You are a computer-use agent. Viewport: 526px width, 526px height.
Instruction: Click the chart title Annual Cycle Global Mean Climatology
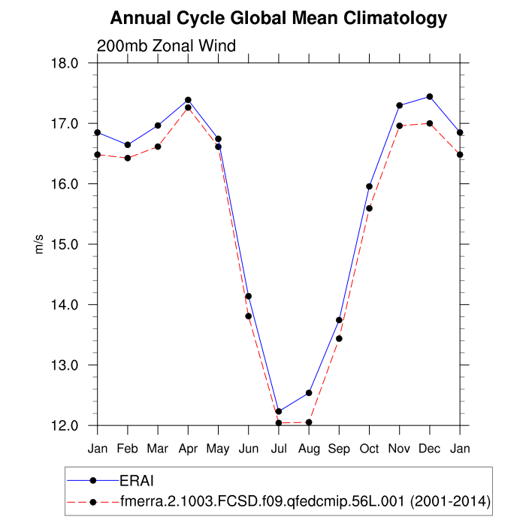278,18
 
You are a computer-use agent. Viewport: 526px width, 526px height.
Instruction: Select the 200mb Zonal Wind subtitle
167,46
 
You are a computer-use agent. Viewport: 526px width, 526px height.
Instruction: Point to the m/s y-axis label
40,244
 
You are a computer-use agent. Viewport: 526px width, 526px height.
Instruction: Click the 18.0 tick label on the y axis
65,63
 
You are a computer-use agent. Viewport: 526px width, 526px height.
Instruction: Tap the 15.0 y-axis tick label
65,244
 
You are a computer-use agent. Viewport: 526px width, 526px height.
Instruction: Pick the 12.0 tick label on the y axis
65,425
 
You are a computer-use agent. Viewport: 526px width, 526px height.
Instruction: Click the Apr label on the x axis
188,449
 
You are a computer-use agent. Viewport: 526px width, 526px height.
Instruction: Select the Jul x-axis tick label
278,449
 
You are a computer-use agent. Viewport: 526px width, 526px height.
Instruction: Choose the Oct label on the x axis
369,449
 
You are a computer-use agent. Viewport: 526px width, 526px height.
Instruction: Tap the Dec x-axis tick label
430,449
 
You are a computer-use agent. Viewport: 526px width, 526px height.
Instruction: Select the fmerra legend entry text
305,500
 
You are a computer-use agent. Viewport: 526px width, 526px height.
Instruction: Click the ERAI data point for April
188,100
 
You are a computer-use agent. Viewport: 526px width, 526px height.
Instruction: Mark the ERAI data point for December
430,97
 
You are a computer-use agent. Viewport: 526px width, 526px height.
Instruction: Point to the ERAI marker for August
309,393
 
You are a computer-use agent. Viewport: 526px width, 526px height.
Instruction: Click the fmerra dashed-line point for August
309,422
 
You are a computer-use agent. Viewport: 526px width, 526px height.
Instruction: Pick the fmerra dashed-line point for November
399,126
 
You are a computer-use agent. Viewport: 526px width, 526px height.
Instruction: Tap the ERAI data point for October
369,186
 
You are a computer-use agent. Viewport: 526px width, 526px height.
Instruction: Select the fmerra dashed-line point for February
127,158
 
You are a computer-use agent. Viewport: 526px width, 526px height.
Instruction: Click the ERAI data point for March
158,125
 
